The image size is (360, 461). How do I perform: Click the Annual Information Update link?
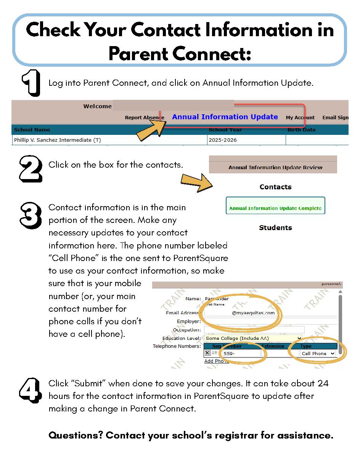point(225,117)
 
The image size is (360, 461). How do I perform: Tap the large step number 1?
point(31,83)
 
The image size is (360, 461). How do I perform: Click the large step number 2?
point(31,168)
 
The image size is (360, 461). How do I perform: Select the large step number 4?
point(30,390)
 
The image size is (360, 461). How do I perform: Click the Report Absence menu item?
point(144,118)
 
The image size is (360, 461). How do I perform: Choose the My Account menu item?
point(300,118)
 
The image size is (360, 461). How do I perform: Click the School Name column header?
point(32,130)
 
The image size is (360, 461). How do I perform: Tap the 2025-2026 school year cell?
point(223,140)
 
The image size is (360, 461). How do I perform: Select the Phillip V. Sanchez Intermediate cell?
point(57,140)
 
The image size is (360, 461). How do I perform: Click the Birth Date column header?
point(301,130)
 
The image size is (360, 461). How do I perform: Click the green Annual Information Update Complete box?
point(275,206)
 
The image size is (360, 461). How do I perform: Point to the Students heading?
point(275,228)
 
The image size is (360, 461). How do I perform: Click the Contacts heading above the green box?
point(275,187)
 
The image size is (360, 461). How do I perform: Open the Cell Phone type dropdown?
point(318,354)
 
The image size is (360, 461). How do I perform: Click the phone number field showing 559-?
point(241,354)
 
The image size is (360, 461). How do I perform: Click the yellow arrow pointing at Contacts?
point(196,182)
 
